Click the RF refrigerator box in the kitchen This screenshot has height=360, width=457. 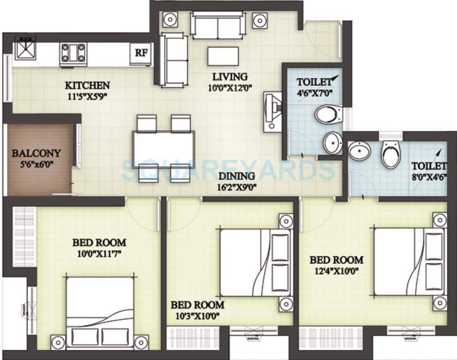click(141, 52)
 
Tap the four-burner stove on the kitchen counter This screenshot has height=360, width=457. click(73, 53)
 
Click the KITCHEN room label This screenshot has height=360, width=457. click(87, 85)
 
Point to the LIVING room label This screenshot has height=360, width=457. click(229, 76)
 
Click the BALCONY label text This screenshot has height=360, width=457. click(36, 153)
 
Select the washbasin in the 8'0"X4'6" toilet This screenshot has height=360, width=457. click(360, 151)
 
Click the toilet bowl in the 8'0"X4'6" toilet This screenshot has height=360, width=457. click(390, 154)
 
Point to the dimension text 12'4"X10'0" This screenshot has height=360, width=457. click(336, 271)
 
